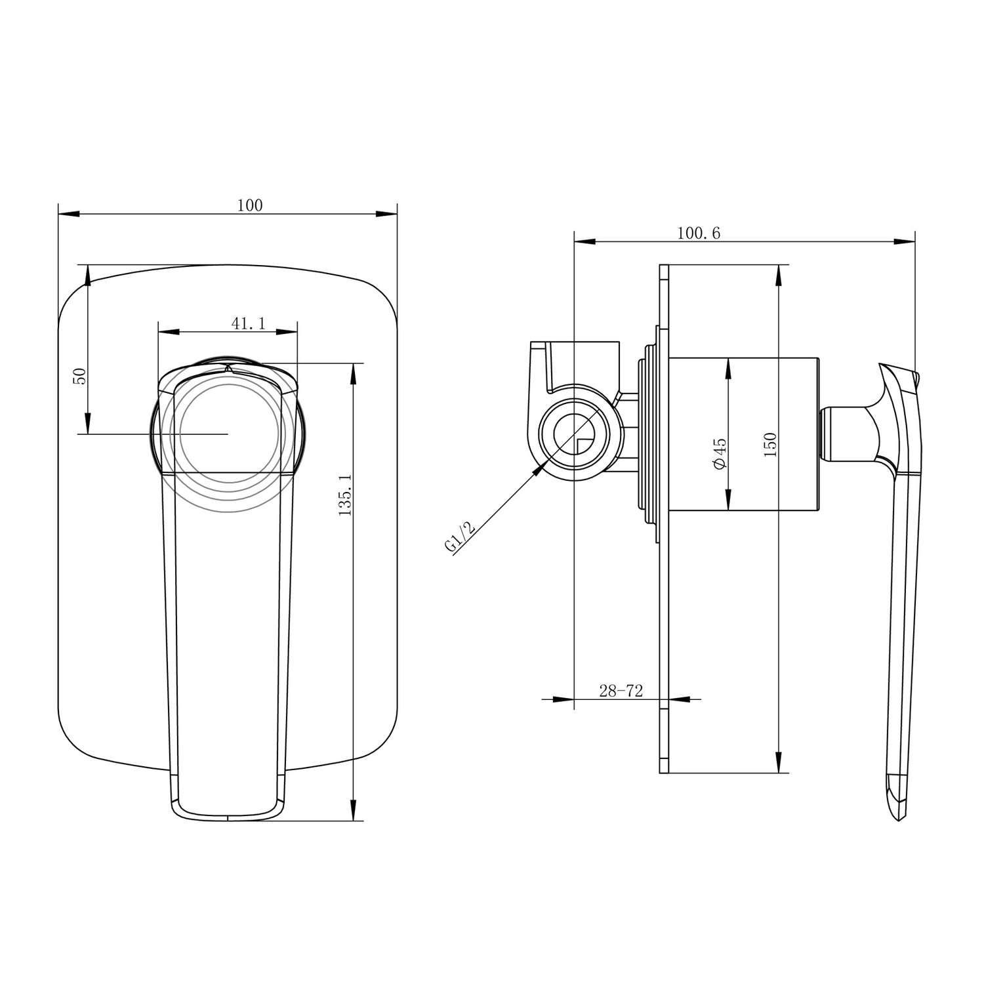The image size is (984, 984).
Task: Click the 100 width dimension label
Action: pyautogui.click(x=249, y=205)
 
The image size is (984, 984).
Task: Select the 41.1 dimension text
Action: pyautogui.click(x=248, y=323)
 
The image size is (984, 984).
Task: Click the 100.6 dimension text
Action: pyautogui.click(x=698, y=233)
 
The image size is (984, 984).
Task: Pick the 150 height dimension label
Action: pyautogui.click(x=770, y=445)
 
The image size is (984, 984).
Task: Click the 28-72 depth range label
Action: pyautogui.click(x=620, y=690)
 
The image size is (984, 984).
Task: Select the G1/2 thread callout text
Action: pyautogui.click(x=459, y=537)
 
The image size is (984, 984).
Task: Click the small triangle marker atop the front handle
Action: pyautogui.click(x=228, y=370)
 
